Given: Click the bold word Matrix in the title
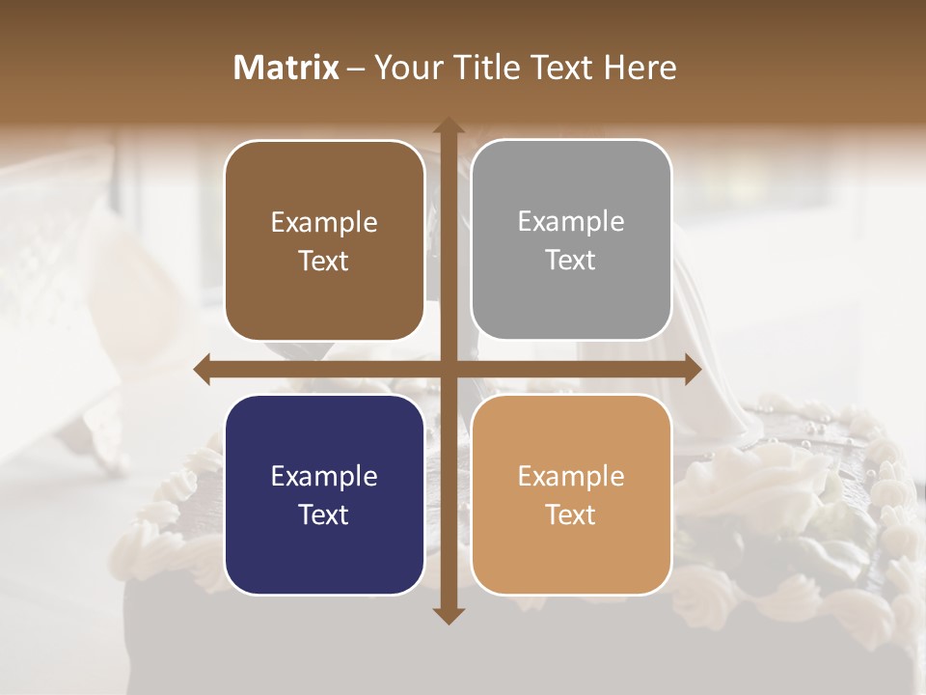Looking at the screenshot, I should point(286,68).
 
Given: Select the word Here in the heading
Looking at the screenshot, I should point(640,68).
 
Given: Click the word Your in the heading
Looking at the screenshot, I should point(404,68).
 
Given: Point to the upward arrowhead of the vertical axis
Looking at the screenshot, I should point(448,125).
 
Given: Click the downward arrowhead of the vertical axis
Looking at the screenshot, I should point(448,615).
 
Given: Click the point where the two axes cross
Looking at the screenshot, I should point(448,370).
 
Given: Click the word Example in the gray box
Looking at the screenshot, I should point(571,222).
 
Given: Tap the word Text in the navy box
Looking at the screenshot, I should point(324,514).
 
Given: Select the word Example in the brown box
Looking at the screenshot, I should point(324,223).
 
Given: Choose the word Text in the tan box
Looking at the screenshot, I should point(571,514).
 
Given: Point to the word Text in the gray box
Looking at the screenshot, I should point(571,261).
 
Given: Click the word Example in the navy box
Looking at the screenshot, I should point(324,477).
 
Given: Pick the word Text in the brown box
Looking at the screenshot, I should point(324,262).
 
